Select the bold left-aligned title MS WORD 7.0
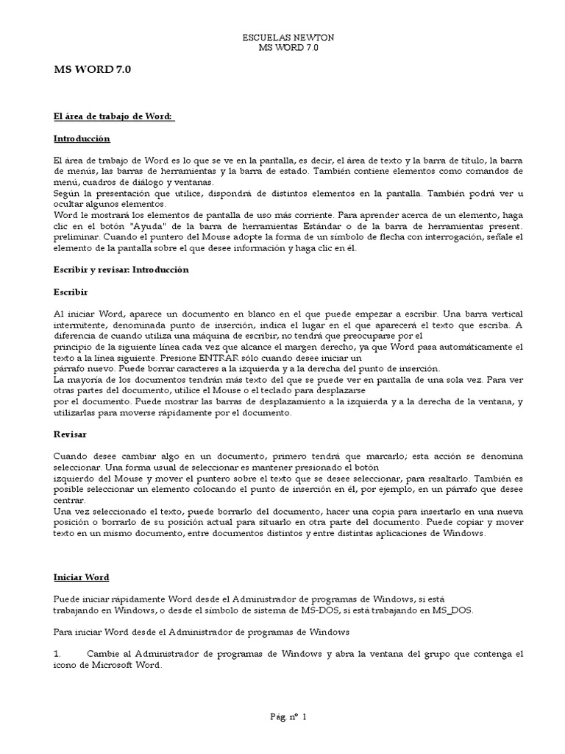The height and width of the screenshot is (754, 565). [93, 70]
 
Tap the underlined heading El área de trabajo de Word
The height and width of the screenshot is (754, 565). [113, 116]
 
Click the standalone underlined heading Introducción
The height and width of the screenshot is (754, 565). [81, 138]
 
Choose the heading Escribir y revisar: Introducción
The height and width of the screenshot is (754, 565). [121, 269]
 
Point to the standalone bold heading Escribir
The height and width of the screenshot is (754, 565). [71, 292]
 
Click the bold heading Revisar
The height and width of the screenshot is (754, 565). [70, 434]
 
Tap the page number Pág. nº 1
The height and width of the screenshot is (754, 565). [288, 716]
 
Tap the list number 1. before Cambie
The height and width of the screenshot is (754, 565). [58, 653]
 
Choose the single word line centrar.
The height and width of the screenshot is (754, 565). [69, 501]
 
